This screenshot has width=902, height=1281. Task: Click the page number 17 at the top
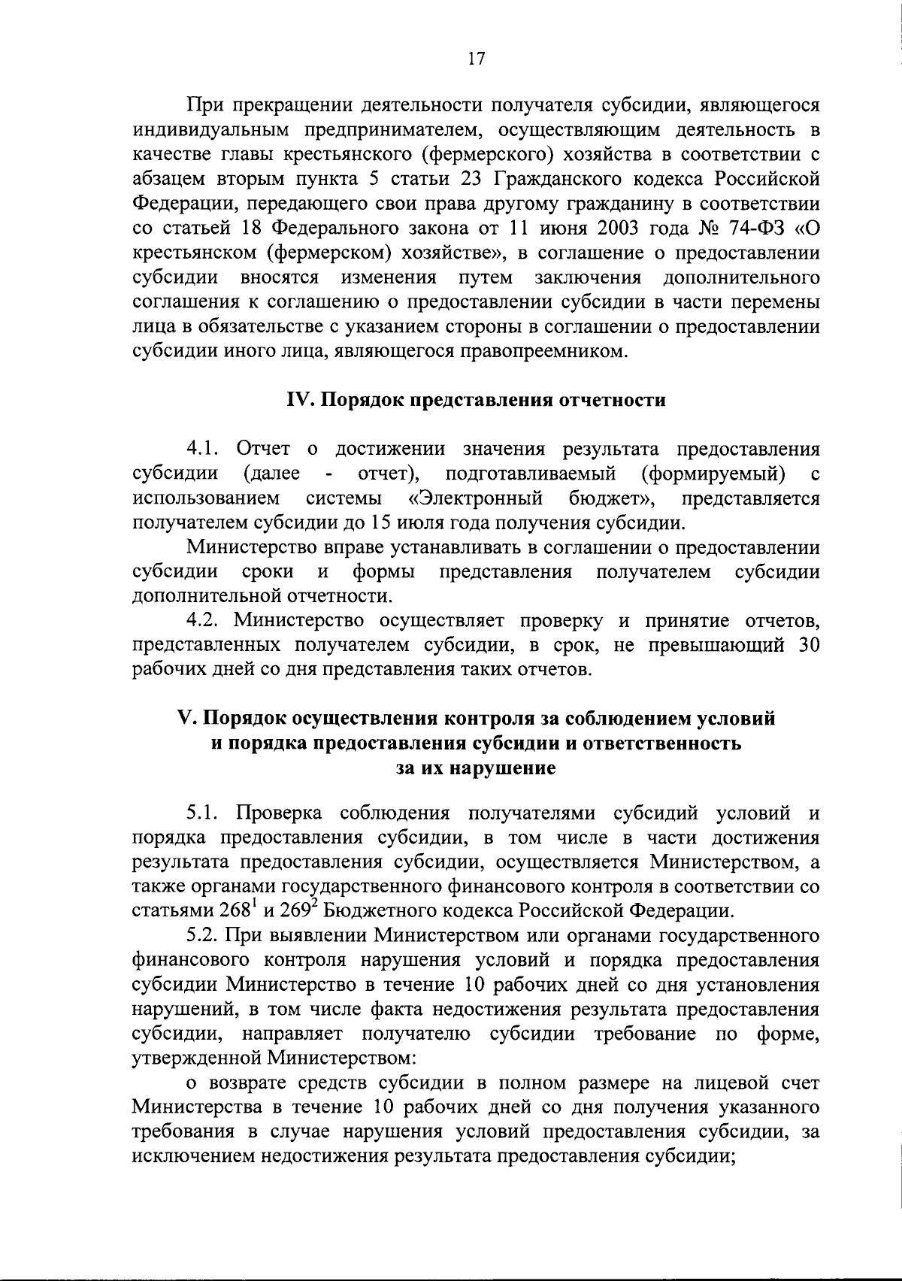(475, 59)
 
